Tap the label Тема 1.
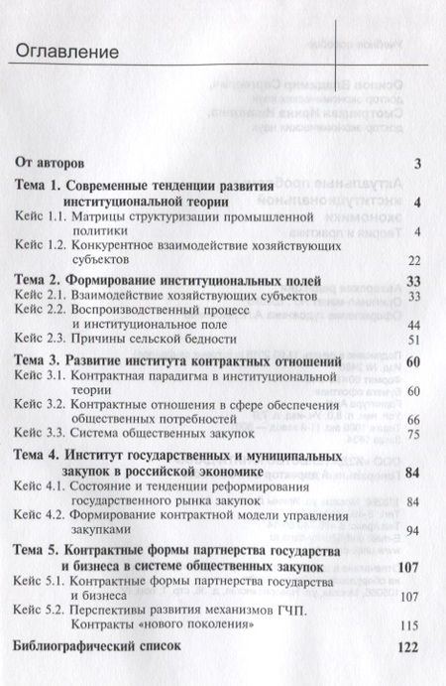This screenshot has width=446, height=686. point(41,186)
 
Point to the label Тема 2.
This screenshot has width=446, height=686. point(41,281)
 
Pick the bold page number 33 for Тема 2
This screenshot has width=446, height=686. point(416,281)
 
